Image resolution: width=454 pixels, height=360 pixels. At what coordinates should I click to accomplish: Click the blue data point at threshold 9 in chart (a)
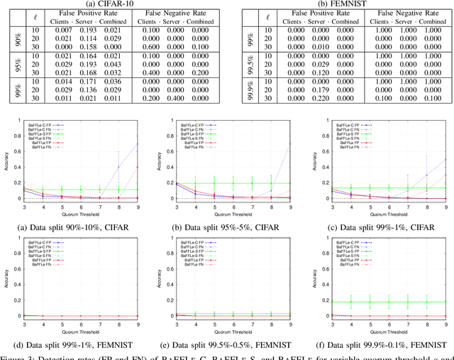coord(138,144)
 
